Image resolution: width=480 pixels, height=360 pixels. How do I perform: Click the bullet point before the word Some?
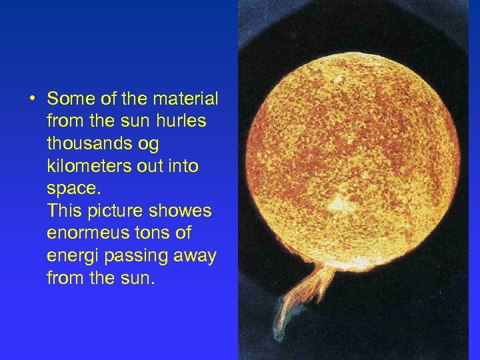(x=32, y=99)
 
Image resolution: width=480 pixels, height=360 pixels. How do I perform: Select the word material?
(x=185, y=99)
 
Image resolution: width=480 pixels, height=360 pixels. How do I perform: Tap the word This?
(x=63, y=211)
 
